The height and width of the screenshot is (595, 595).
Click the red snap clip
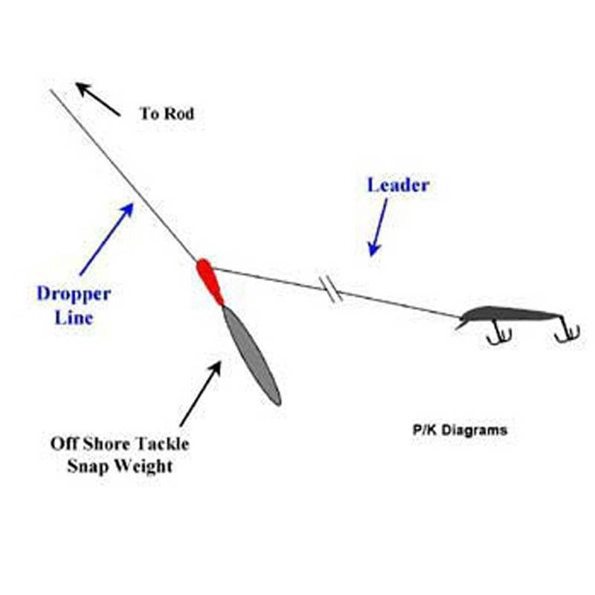pyautogui.click(x=210, y=281)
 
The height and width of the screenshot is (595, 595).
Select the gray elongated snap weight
pyautogui.click(x=251, y=356)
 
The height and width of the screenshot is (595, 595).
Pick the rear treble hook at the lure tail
pyautogui.click(x=567, y=332)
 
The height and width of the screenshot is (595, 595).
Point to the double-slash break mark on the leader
pyautogui.click(x=332, y=288)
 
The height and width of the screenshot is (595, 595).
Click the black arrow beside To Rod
pyautogui.click(x=98, y=100)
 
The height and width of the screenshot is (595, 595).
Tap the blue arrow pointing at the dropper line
pyautogui.click(x=106, y=239)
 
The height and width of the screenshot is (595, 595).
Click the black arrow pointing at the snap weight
pyautogui.click(x=200, y=393)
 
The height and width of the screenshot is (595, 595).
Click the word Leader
pyautogui.click(x=398, y=185)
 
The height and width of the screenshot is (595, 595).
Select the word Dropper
pyautogui.click(x=74, y=294)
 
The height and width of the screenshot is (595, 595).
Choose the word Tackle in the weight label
pyautogui.click(x=164, y=444)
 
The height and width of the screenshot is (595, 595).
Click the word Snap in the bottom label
pyautogui.click(x=88, y=466)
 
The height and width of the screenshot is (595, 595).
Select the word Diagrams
pyautogui.click(x=474, y=430)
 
